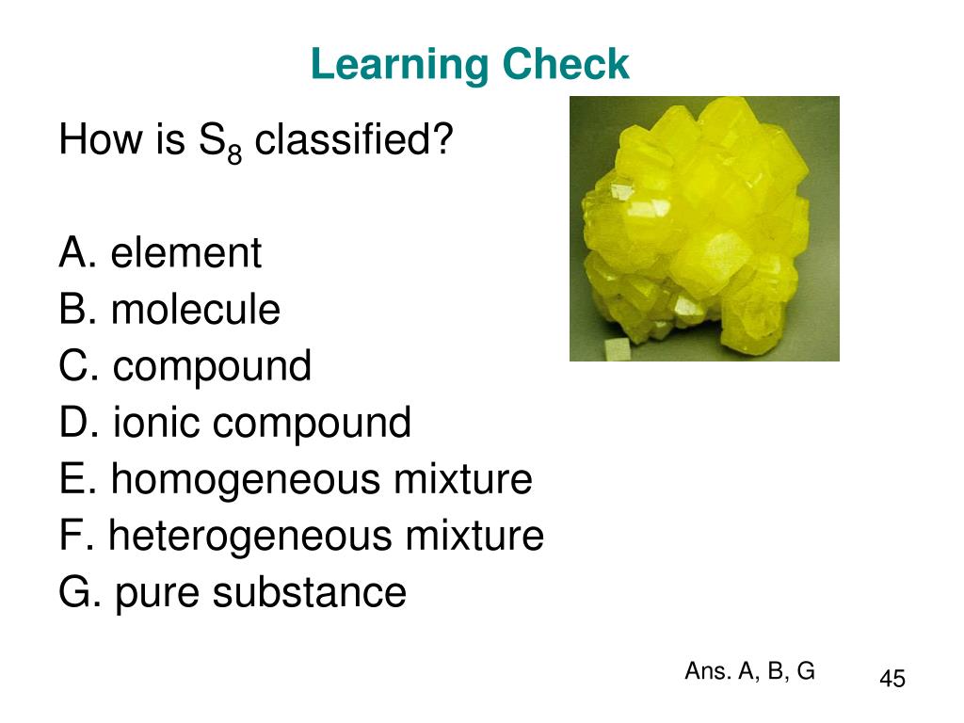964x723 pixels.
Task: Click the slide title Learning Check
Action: pos(470,65)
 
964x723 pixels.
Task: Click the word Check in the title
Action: pos(564,65)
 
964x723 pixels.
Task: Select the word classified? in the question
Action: pos(354,141)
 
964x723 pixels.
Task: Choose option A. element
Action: pos(160,253)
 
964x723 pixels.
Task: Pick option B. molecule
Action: pos(169,310)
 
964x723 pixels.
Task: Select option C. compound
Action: pos(185,366)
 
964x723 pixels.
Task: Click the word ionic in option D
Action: pos(157,423)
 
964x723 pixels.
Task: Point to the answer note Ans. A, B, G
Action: pos(749,671)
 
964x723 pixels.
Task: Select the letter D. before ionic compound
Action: pos(79,423)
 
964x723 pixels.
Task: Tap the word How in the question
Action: pos(89,141)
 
